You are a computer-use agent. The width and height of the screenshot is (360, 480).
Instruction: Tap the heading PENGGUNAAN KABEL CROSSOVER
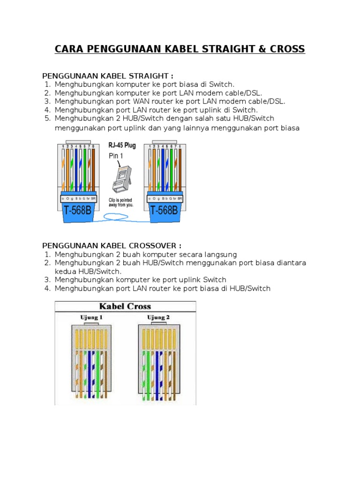112,246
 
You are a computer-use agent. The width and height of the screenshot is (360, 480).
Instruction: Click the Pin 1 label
116,155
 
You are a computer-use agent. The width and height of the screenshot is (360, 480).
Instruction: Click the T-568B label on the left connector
78,210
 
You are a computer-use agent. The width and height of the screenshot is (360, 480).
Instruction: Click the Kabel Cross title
125,307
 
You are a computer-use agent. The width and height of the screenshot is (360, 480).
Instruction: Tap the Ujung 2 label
159,318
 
